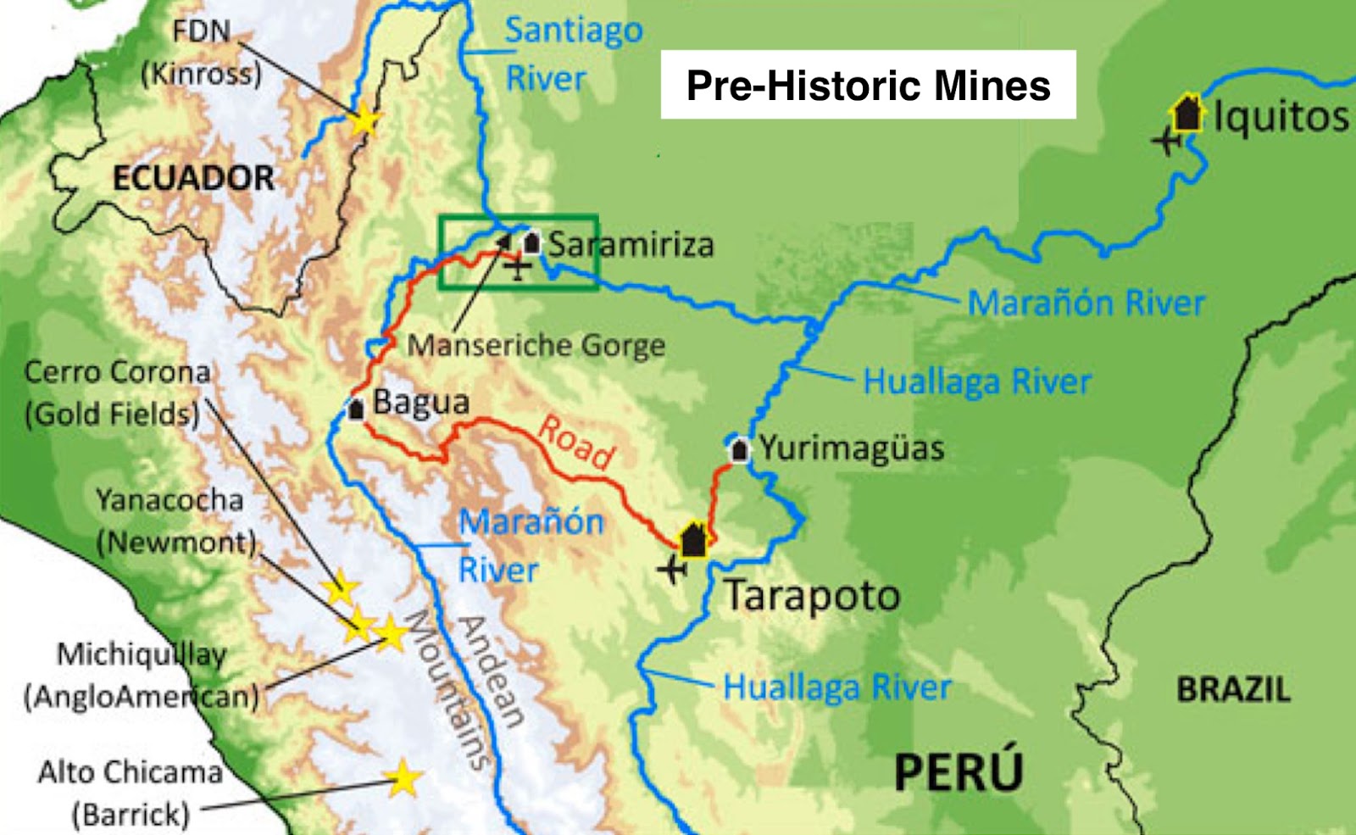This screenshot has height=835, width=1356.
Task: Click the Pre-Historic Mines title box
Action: click(868, 85)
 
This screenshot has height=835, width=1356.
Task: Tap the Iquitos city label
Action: click(1281, 116)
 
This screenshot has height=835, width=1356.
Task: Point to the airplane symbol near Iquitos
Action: click(1167, 140)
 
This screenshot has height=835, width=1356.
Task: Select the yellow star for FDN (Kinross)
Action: click(364, 120)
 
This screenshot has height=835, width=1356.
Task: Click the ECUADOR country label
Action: click(193, 178)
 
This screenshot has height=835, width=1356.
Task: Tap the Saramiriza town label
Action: click(631, 245)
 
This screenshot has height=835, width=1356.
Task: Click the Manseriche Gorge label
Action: click(536, 346)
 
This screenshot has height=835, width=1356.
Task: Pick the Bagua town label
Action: click(421, 402)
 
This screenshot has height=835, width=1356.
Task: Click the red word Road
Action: click(577, 441)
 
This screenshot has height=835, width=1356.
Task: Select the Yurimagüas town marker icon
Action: click(739, 449)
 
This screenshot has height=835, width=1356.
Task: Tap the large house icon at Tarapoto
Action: click(693, 539)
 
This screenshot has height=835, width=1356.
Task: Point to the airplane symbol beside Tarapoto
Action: click(672, 569)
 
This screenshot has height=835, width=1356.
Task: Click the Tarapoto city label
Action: click(811, 596)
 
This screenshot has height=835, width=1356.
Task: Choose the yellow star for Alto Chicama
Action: click(403, 777)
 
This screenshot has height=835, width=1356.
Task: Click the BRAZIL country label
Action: click(1233, 689)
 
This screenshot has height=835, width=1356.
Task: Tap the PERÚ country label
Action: click(959, 771)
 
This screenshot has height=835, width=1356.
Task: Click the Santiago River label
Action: click(573, 54)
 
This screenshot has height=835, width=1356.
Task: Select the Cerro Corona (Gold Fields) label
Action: click(116, 393)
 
